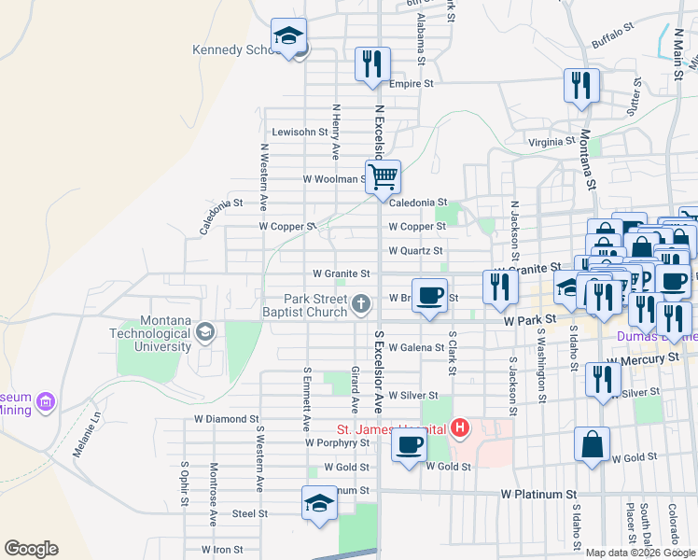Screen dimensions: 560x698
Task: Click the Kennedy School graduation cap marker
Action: pos(289,37)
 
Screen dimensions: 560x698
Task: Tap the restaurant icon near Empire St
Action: pos(371,64)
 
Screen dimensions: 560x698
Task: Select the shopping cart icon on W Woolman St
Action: pos(382,175)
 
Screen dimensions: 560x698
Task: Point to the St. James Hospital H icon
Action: pos(459,429)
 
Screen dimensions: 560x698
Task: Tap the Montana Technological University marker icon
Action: pos(204,330)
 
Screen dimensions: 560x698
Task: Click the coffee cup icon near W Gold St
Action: pos(409,444)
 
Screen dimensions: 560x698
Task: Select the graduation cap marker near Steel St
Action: pos(319,504)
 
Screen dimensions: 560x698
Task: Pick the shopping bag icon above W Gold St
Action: pos(592,444)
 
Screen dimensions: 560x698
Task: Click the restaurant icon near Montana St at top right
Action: pos(581,86)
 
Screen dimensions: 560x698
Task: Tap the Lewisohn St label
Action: pos(300,132)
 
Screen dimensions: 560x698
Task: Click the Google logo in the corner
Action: pos(31,549)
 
